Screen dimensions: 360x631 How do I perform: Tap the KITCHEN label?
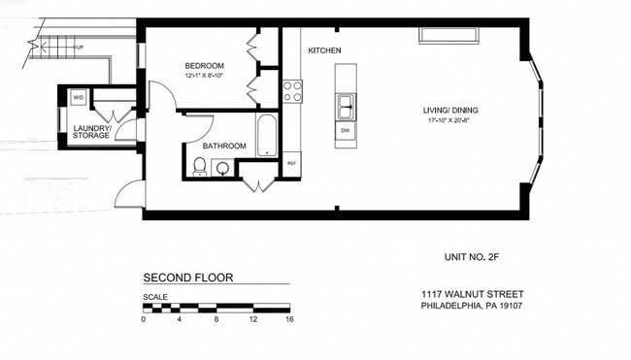[x=324, y=50]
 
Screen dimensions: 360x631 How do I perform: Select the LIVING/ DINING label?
[x=449, y=110]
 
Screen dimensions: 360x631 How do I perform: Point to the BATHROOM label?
[x=224, y=147]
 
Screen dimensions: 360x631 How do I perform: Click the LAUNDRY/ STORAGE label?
[x=91, y=131]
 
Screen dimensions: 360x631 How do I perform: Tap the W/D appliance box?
[x=78, y=98]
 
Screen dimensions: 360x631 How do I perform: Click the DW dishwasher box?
[x=345, y=130]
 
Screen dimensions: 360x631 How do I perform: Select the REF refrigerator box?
[x=290, y=163]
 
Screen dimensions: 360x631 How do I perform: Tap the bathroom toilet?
[x=199, y=167]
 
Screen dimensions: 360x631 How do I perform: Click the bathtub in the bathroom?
[x=266, y=136]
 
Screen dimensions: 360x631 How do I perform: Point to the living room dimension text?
[x=449, y=121]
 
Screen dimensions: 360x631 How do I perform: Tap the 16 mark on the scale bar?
[x=288, y=319]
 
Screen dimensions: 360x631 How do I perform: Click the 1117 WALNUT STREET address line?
[x=471, y=294]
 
